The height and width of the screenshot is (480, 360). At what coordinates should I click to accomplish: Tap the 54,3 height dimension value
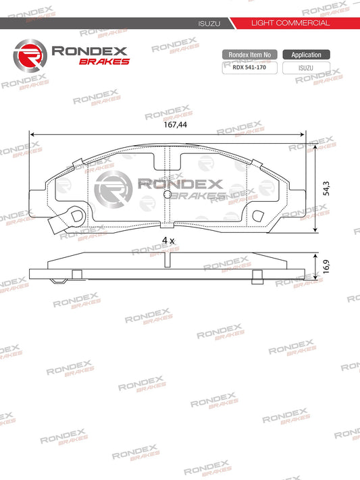coord(326,189)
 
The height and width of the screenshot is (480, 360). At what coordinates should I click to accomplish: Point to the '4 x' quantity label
coord(168,240)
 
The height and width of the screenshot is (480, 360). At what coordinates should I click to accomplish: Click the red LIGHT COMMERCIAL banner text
coord(290,23)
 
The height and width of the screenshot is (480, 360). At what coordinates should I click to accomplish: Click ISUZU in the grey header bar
coord(206,23)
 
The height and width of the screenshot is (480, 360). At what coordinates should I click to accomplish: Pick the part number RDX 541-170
coord(249,68)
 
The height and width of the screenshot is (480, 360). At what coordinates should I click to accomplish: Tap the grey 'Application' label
coord(306,55)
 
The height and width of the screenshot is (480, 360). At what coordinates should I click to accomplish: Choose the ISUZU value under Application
coord(306,68)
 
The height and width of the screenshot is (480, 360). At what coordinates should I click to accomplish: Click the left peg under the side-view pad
coord(76,273)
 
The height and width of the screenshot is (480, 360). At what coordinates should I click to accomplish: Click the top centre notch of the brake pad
coord(168,159)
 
